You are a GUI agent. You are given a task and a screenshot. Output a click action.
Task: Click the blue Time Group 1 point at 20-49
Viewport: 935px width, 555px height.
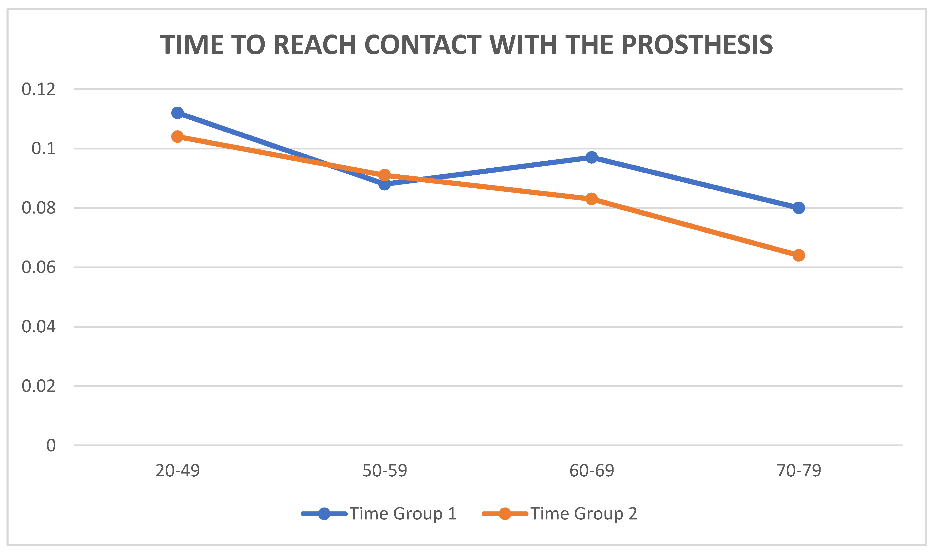point(177,113)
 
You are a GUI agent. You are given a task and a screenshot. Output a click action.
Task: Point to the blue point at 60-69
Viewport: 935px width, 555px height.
point(592,157)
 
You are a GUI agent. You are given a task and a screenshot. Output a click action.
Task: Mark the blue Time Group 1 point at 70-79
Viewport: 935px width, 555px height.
point(799,208)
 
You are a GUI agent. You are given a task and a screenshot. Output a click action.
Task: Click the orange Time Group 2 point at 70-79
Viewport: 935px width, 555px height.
point(799,255)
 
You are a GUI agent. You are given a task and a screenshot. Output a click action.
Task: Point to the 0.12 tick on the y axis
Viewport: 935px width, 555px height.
point(38,89)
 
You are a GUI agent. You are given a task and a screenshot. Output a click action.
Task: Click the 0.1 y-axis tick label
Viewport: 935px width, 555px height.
point(43,148)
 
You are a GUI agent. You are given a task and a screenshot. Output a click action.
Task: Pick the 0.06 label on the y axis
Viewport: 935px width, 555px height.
point(38,268)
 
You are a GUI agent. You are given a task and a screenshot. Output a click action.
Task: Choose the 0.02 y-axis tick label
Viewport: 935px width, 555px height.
point(38,386)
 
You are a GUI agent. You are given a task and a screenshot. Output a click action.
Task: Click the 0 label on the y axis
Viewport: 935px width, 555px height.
point(51,446)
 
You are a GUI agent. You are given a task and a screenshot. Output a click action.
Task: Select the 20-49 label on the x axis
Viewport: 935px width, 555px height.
point(177,470)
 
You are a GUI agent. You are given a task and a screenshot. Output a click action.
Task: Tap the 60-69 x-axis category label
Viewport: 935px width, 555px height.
point(592,470)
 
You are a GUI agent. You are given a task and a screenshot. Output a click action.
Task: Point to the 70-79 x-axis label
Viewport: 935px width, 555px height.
point(799,470)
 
